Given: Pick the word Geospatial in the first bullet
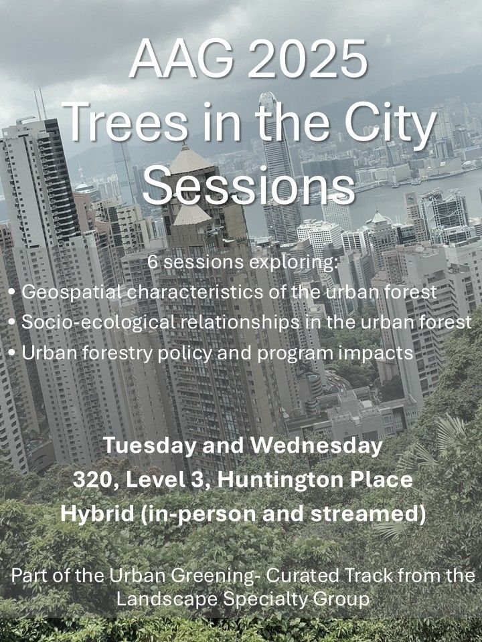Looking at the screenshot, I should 63,292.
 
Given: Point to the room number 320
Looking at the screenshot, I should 92,481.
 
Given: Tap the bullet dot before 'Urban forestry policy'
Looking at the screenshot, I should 13,352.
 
